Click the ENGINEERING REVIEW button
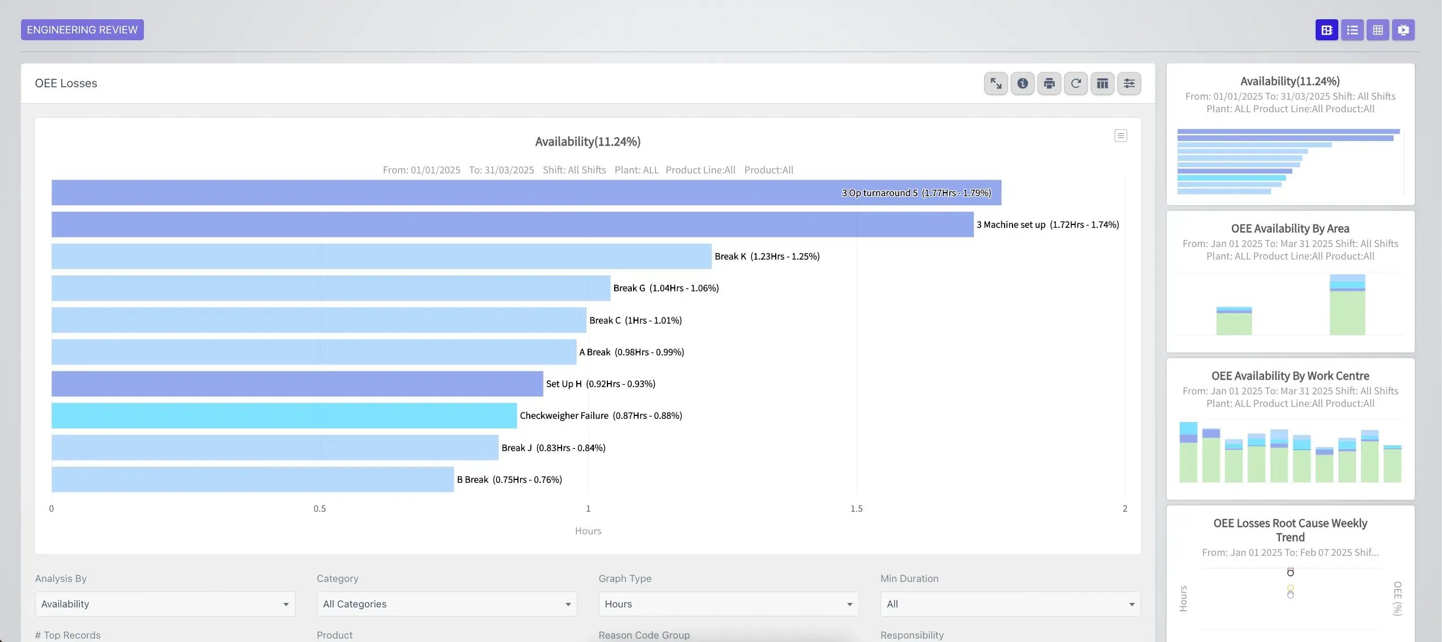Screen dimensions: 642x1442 [x=82, y=30]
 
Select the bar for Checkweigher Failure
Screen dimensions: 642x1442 [x=283, y=415]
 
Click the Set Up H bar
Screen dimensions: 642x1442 [x=296, y=384]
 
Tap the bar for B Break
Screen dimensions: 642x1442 [x=252, y=479]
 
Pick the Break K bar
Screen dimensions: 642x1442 [x=381, y=256]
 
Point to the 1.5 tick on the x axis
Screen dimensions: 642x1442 [x=856, y=508]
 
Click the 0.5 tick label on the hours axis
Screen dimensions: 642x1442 [x=320, y=508]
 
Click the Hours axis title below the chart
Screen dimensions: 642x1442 [x=588, y=531]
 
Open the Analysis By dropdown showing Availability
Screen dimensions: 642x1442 [x=165, y=604]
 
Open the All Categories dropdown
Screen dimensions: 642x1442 [x=446, y=604]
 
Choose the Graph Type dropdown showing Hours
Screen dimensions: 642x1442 [x=728, y=604]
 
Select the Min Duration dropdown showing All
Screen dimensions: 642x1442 [x=1010, y=604]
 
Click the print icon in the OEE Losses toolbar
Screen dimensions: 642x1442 [x=1049, y=84]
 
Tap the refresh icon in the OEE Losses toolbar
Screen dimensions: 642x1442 [x=1075, y=84]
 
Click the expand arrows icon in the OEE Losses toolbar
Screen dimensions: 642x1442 [x=996, y=84]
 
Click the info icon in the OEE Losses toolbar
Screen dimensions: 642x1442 [x=1022, y=84]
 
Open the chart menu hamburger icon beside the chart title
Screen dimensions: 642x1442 [x=1120, y=136]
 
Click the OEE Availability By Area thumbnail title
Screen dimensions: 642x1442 [x=1290, y=229]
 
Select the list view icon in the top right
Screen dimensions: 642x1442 [x=1352, y=30]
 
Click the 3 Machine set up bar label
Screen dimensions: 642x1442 [x=1047, y=225]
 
